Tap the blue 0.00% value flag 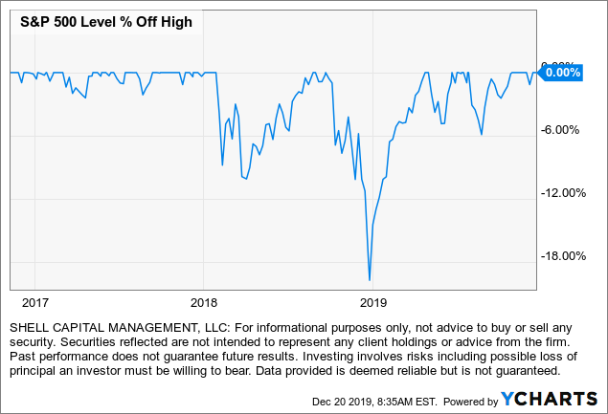coord(562,72)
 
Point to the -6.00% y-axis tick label coord(561,131)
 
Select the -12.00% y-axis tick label coord(561,193)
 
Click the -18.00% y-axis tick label coord(561,255)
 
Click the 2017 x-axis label coord(34,302)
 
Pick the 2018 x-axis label coord(203,302)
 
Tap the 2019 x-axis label coord(372,302)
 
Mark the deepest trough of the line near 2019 coord(370,279)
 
